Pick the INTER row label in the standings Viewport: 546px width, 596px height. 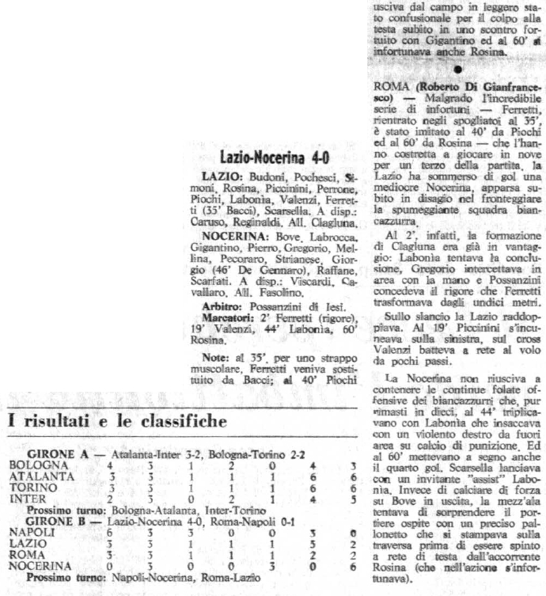point(24,499)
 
